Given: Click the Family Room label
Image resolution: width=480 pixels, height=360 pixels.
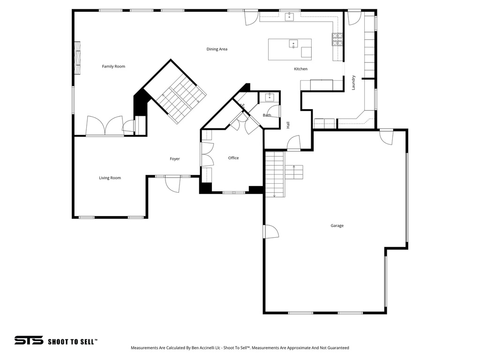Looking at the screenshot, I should click(x=113, y=67).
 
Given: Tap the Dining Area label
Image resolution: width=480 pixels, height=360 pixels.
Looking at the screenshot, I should click(x=217, y=49).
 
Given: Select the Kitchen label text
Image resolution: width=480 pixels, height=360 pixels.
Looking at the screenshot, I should click(x=300, y=69).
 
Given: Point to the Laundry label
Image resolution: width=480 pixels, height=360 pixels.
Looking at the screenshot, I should click(x=353, y=83).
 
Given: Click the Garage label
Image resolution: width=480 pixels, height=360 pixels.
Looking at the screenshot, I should click(x=337, y=226).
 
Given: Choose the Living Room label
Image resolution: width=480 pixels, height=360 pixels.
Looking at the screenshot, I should click(x=110, y=178).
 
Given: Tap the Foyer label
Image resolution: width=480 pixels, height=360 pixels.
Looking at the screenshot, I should click(x=175, y=159).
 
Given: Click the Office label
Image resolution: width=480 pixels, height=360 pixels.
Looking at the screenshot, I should click(x=233, y=158).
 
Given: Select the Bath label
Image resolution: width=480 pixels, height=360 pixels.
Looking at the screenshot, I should click(x=267, y=115).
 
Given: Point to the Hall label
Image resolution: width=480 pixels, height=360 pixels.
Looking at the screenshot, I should click(x=288, y=125).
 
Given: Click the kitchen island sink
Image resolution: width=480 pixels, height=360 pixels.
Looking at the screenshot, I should click(x=293, y=44).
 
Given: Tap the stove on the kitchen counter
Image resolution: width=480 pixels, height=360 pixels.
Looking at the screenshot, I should click(x=337, y=39).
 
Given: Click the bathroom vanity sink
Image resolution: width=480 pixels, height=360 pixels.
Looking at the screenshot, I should click(x=270, y=97).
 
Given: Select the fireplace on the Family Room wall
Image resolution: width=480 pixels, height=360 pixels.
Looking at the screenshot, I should click(x=77, y=58).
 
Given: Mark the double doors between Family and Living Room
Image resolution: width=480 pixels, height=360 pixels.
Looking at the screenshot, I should click(x=105, y=127).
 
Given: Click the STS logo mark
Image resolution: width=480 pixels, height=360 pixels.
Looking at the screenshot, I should click(x=29, y=341).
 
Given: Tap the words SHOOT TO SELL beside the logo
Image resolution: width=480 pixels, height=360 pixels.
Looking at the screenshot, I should click(x=73, y=342).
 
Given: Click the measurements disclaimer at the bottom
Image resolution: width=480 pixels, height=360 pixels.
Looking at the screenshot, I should click(x=240, y=348).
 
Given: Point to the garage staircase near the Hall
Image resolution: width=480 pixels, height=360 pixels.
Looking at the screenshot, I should click(x=275, y=173).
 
